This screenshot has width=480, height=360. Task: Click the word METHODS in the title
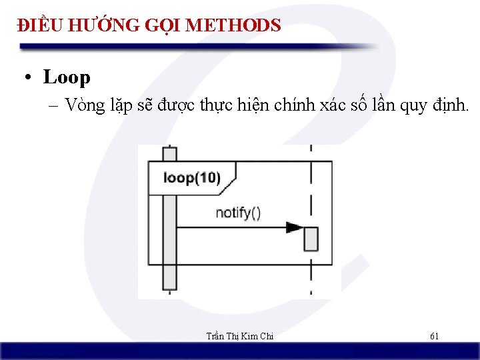click(233, 26)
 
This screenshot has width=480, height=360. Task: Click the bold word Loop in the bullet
click(67, 77)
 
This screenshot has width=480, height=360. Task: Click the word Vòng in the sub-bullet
click(85, 106)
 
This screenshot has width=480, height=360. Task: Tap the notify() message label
click(238, 213)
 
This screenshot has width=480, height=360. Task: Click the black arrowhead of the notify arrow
click(294, 227)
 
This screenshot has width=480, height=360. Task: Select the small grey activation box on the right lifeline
click(311, 239)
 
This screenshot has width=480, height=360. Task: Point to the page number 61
click(434, 336)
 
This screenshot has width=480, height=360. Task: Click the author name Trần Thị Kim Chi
click(241, 336)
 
